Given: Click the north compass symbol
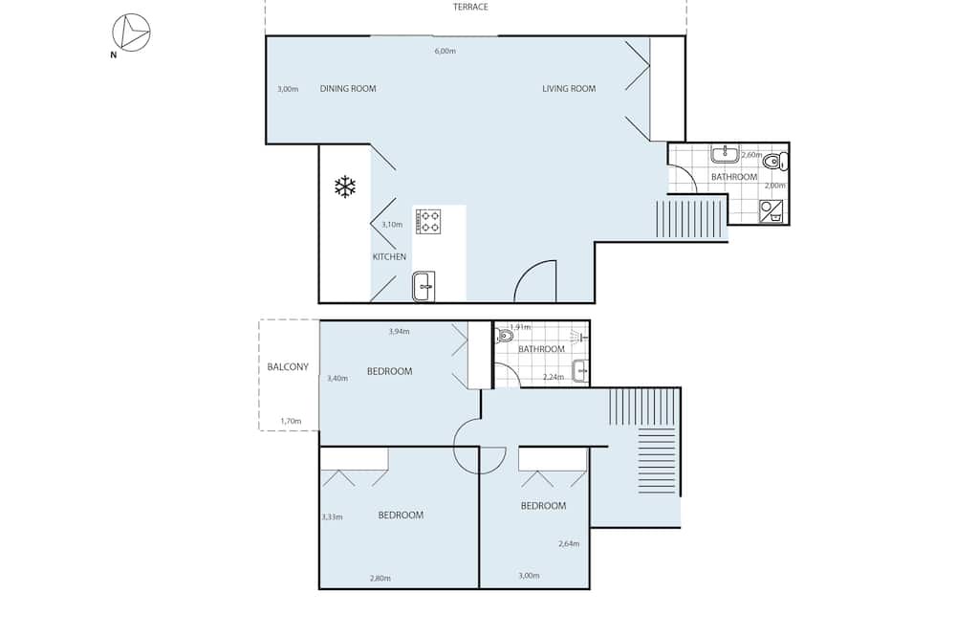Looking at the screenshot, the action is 131,33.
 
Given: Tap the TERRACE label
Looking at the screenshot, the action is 470,8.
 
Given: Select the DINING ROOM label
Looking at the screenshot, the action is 348,88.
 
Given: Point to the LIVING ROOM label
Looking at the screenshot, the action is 569,88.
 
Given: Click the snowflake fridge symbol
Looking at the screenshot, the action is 345,187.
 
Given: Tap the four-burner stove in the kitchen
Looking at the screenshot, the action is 428,221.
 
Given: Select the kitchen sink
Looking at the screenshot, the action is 424,287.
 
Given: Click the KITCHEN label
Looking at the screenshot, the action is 389,257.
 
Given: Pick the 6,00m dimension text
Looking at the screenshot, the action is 445,52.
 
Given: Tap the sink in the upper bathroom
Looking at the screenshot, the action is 725,154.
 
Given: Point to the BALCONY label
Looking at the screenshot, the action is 288,366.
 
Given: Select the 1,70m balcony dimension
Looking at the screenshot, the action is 291,421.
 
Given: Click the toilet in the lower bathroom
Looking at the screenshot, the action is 505,335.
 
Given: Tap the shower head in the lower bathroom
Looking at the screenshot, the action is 579,337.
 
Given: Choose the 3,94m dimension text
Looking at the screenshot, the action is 399,332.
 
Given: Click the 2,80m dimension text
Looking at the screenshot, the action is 380,579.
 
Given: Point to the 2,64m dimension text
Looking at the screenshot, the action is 569,544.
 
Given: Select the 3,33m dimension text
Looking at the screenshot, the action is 332,517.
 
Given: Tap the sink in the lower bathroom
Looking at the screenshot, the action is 580,370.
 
